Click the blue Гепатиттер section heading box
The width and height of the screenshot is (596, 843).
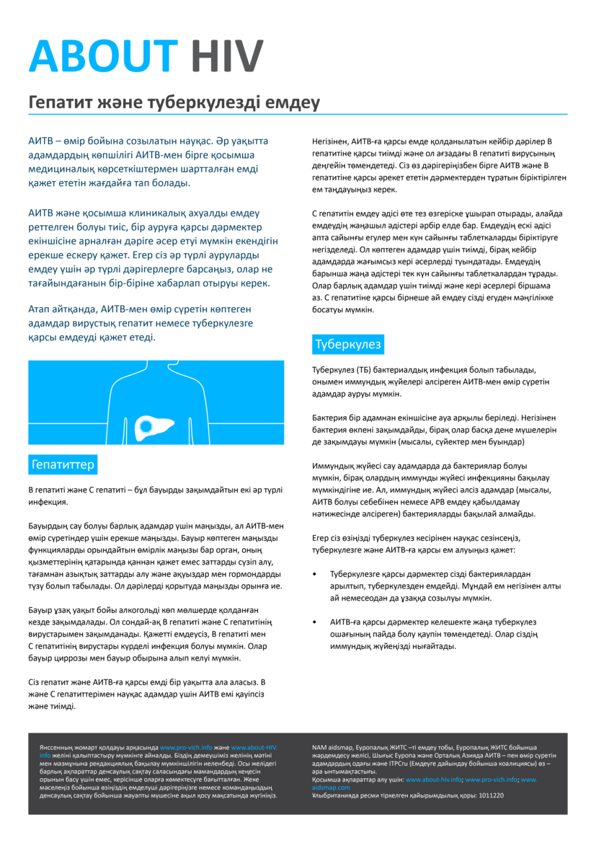point(63,464)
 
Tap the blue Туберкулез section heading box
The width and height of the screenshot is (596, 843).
point(348,345)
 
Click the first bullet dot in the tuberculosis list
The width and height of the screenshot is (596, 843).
point(315,573)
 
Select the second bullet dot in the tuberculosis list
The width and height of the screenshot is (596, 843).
point(315,621)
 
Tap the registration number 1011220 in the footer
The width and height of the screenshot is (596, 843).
point(488,795)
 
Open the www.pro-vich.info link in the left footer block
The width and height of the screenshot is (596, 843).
point(186,748)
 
